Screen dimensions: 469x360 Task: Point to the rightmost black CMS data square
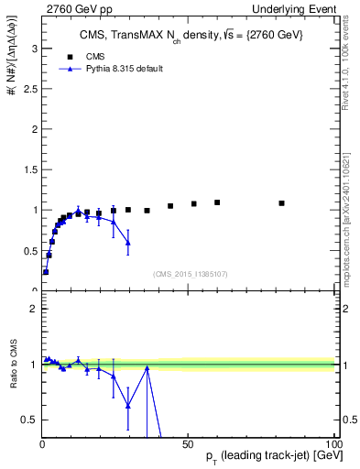click(x=281, y=203)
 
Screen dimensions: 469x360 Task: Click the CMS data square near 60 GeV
click(x=217, y=202)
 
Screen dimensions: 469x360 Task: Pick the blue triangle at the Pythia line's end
click(x=128, y=243)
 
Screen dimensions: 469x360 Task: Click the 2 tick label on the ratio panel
click(x=34, y=309)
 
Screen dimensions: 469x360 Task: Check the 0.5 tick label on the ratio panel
click(x=29, y=420)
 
